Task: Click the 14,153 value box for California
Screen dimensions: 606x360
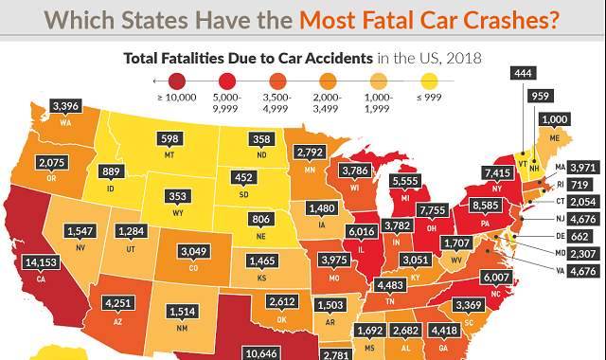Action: point(41,262)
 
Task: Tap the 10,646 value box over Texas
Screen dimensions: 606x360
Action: point(261,353)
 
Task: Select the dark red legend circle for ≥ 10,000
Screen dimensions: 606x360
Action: point(177,81)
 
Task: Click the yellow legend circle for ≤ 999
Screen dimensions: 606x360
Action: point(429,81)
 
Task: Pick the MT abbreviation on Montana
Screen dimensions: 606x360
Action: point(169,155)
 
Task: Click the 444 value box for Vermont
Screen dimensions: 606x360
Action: point(524,73)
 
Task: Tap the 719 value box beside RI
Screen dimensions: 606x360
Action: point(579,185)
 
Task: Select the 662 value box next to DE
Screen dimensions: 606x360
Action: point(579,236)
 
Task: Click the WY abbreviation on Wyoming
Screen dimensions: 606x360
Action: point(178,213)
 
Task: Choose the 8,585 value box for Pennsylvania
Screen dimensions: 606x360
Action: point(486,205)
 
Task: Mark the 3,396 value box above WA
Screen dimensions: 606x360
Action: point(65,105)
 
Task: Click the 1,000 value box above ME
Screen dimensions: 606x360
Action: point(555,119)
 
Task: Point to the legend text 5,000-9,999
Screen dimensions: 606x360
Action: point(227,103)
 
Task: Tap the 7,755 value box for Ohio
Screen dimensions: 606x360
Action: point(433,210)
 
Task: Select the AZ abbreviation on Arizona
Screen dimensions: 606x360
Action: point(117,322)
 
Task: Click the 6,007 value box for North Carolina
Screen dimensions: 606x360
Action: point(496,277)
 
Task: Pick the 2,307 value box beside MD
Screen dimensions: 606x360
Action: point(583,254)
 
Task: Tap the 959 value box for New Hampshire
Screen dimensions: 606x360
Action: point(541,96)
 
